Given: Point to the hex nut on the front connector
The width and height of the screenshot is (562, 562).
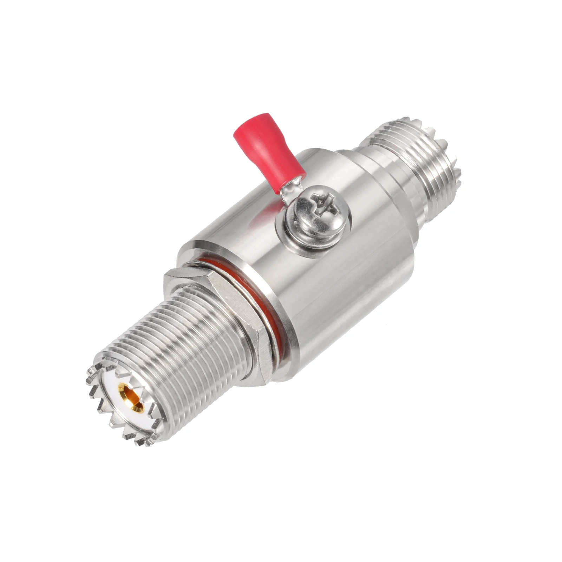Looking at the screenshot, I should (x=225, y=309).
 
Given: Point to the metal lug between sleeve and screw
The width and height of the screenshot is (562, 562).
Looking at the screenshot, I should (x=292, y=190).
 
